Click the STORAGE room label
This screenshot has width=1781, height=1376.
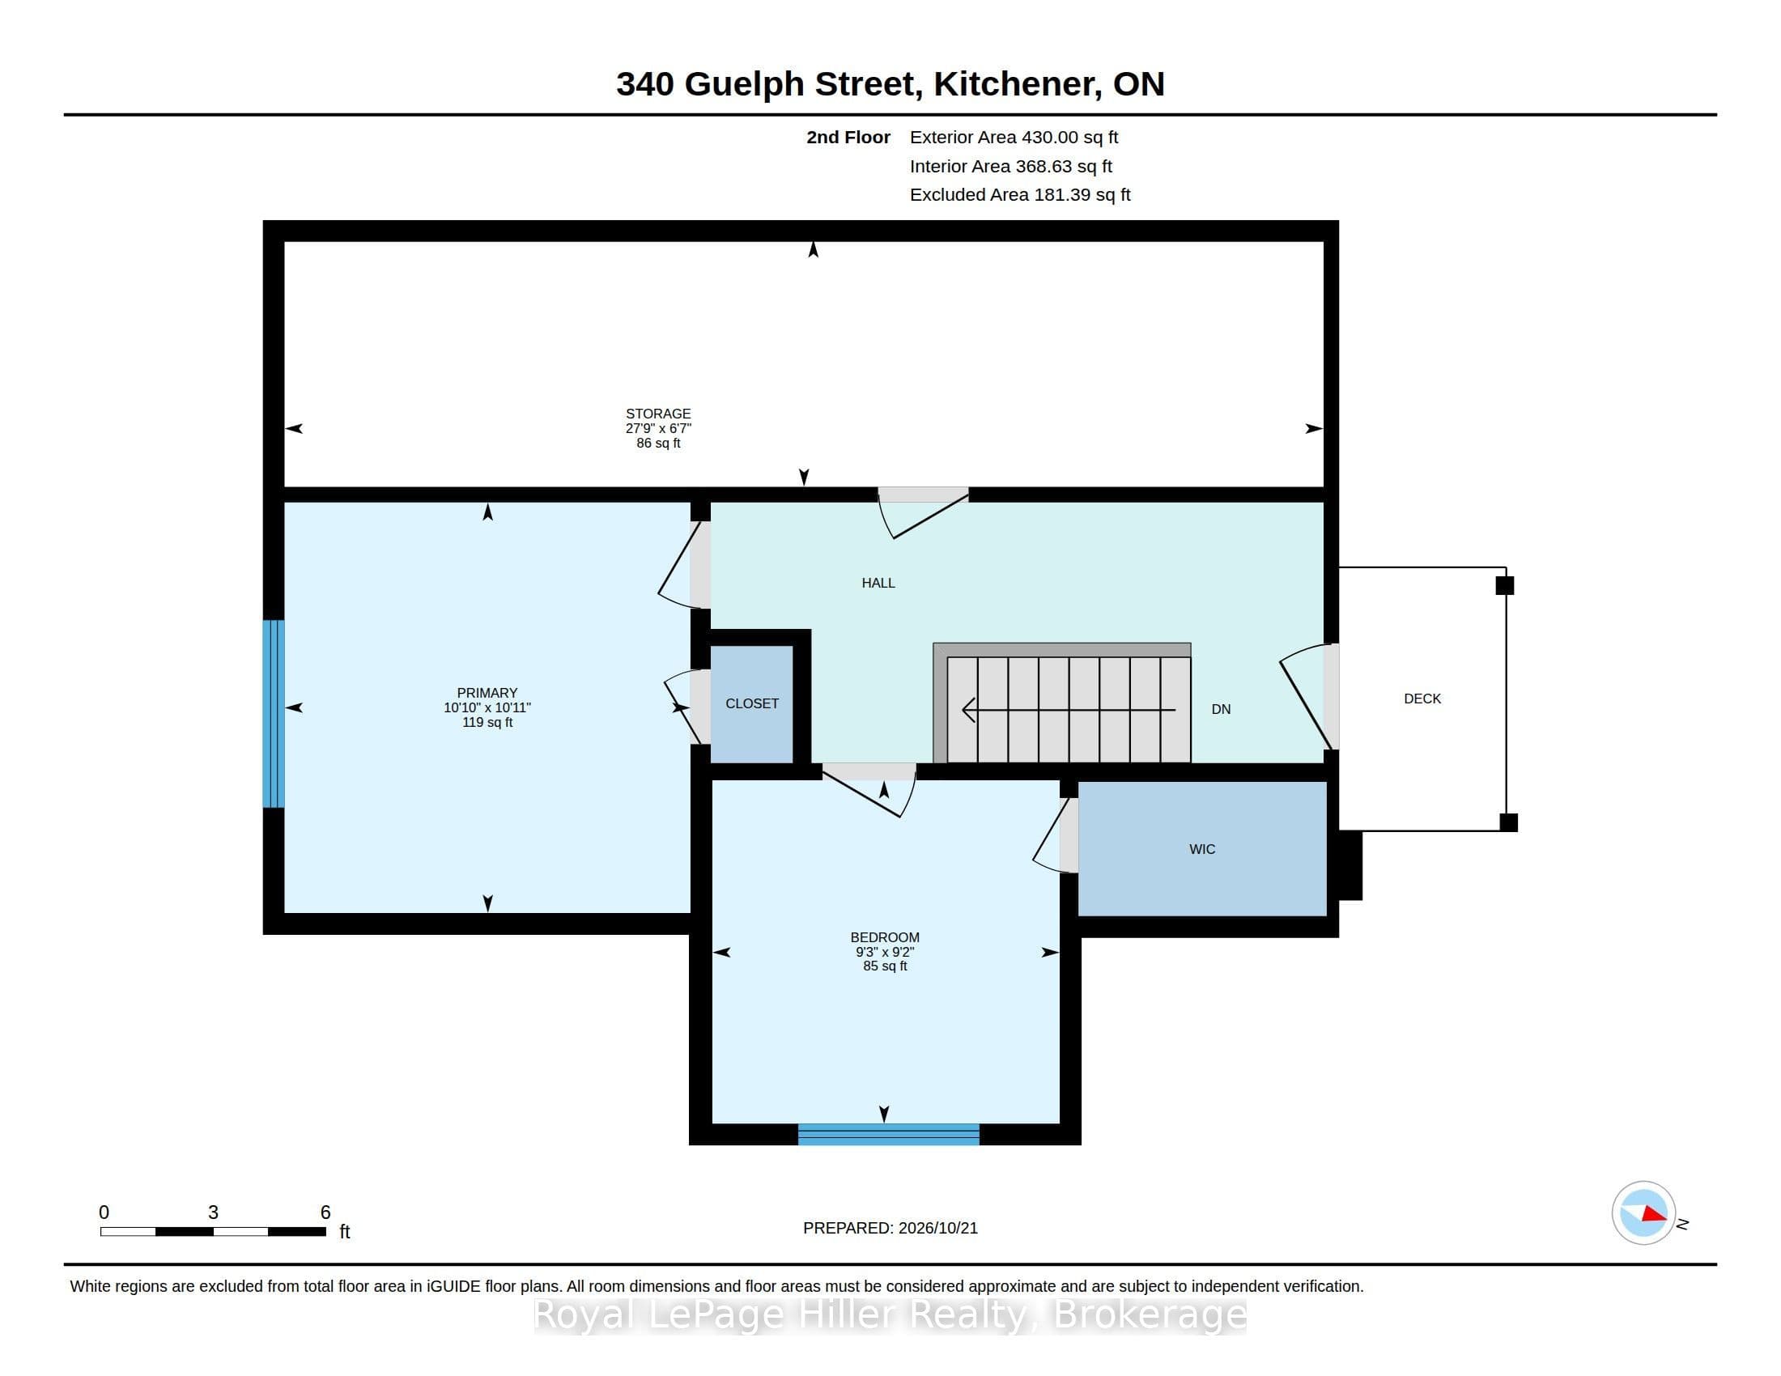pyautogui.click(x=658, y=414)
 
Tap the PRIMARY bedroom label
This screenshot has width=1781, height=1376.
pyautogui.click(x=487, y=693)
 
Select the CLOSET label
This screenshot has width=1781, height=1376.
pyautogui.click(x=752, y=703)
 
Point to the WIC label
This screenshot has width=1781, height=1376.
pyautogui.click(x=1202, y=849)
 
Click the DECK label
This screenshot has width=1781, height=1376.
pyautogui.click(x=1422, y=699)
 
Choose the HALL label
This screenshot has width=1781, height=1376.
pyautogui.click(x=878, y=583)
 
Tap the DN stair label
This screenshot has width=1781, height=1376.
pyautogui.click(x=1221, y=709)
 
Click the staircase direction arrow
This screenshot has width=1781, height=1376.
pyautogui.click(x=1069, y=710)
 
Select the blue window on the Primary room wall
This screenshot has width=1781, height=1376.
pyautogui.click(x=273, y=714)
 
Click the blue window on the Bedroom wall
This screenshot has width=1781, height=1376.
pyautogui.click(x=888, y=1135)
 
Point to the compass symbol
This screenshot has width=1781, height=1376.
pyautogui.click(x=1643, y=1213)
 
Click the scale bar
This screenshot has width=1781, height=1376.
pyautogui.click(x=213, y=1231)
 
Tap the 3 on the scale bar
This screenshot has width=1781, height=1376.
pyautogui.click(x=213, y=1212)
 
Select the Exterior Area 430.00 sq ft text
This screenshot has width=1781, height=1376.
pyautogui.click(x=1014, y=138)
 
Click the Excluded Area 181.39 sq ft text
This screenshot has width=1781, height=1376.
pyautogui.click(x=1020, y=195)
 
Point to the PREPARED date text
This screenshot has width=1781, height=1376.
pyautogui.click(x=890, y=1228)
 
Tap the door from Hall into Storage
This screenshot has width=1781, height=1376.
pyautogui.click(x=923, y=512)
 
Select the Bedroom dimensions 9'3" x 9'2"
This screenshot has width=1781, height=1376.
pyautogui.click(x=885, y=952)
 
